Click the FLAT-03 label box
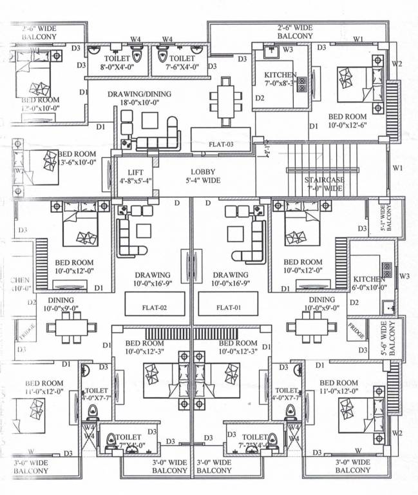click(221, 144)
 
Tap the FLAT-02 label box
click(155, 307)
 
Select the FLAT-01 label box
click(229, 307)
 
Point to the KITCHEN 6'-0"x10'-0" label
click(368, 284)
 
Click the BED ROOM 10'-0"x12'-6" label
click(347, 121)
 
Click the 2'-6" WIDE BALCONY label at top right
click(295, 32)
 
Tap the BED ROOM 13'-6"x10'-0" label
click(77, 159)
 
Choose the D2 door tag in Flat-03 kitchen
click(260, 99)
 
